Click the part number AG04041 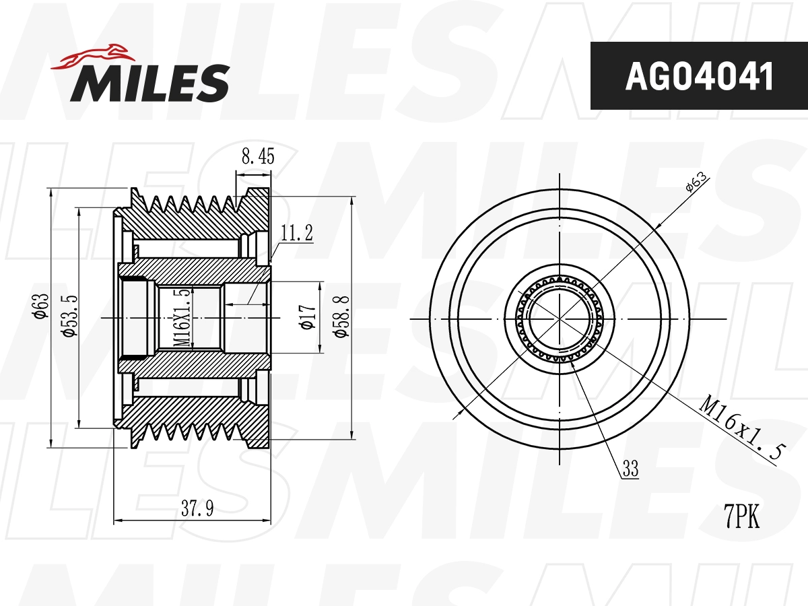point(699,77)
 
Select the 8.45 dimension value point(257,157)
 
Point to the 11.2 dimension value point(297,234)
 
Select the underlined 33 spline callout point(630,469)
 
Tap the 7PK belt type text point(741,517)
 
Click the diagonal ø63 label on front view point(696,182)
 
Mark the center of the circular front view point(560,318)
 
